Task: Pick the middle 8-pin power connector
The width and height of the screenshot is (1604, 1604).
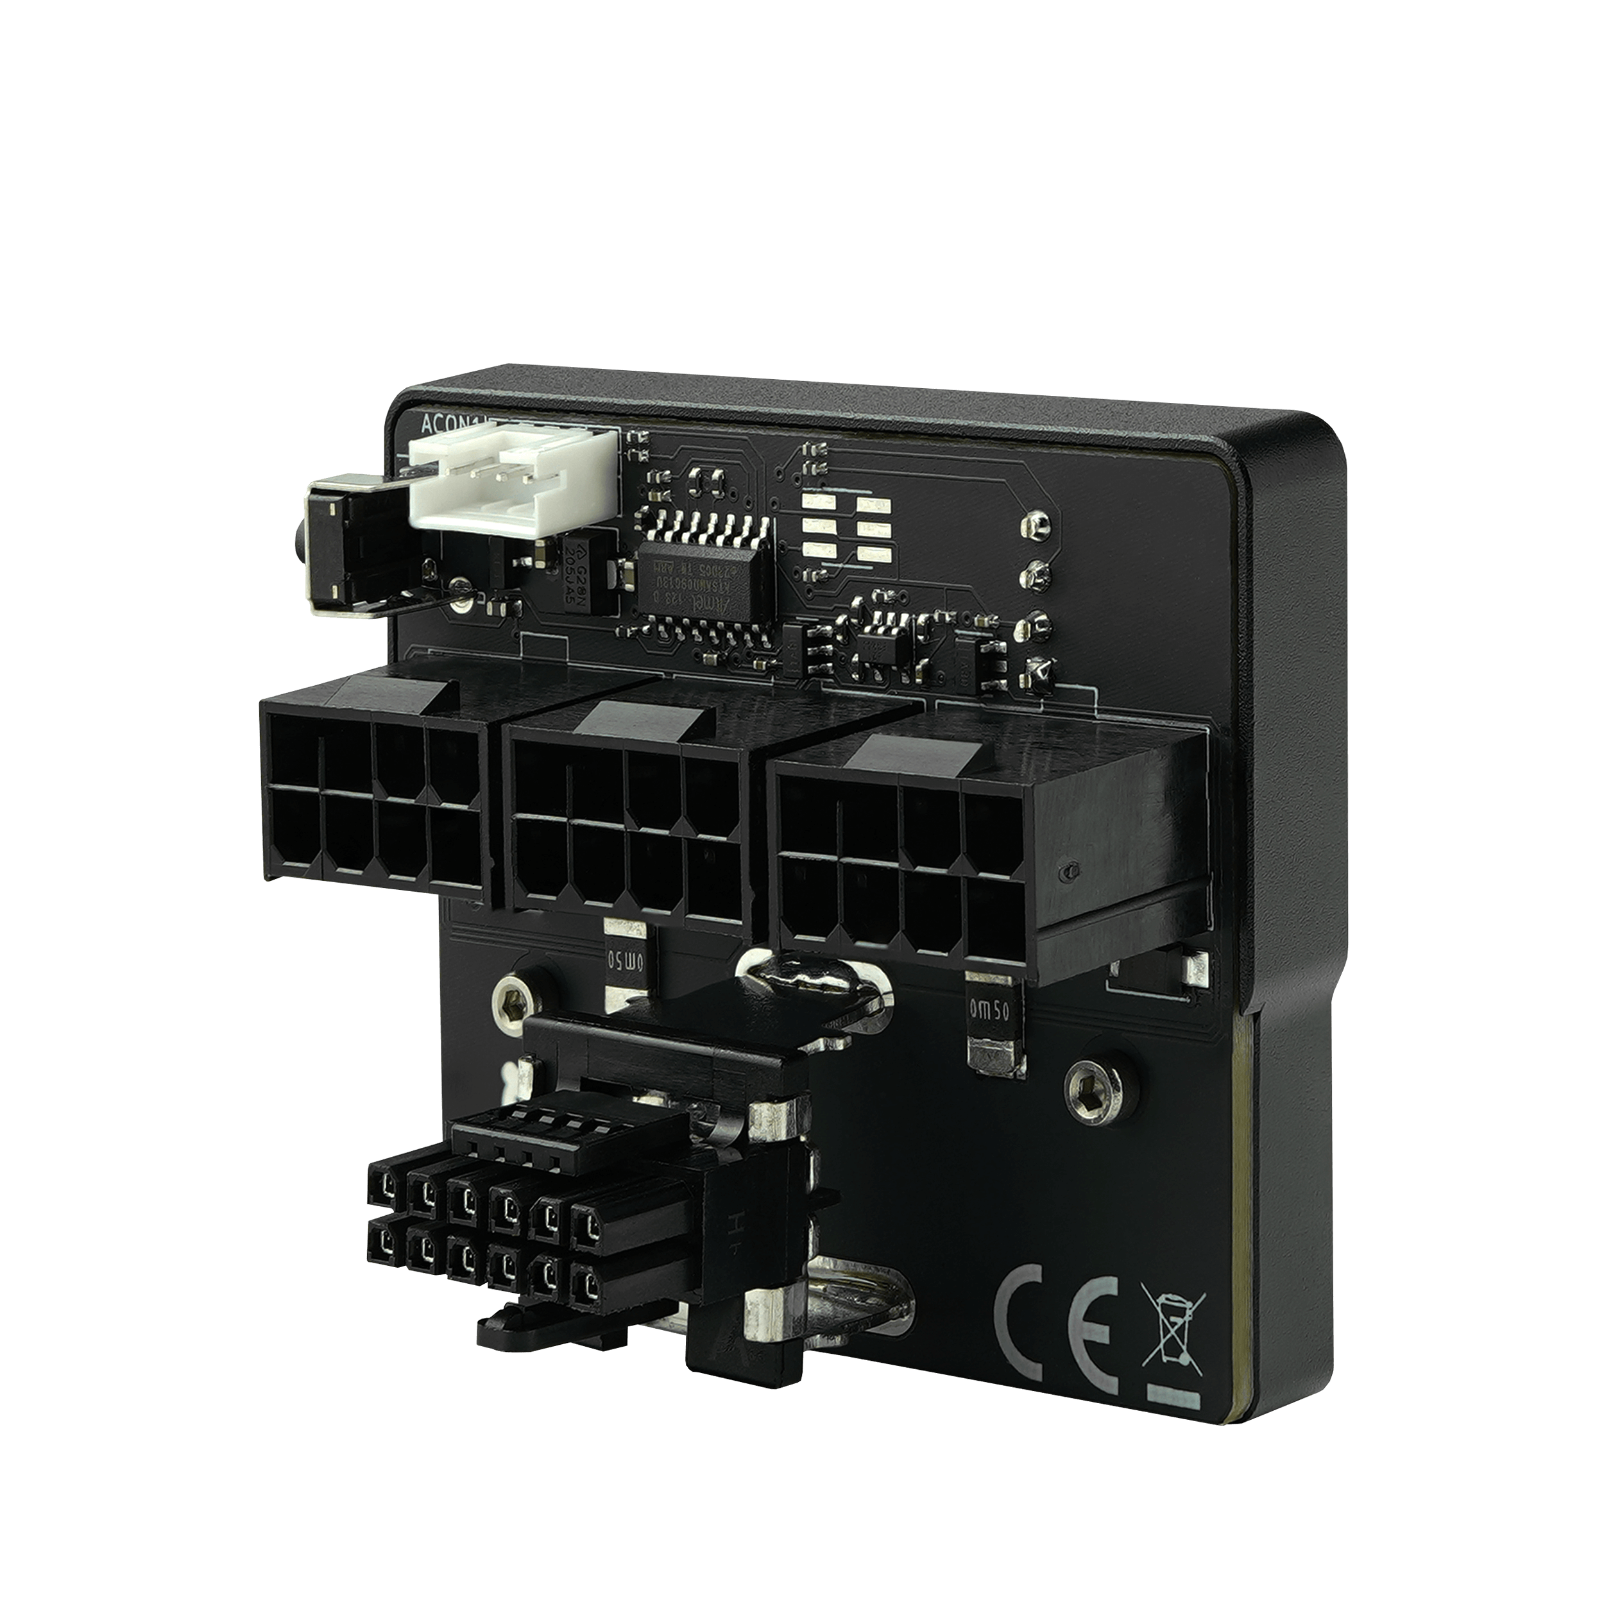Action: click(x=627, y=822)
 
